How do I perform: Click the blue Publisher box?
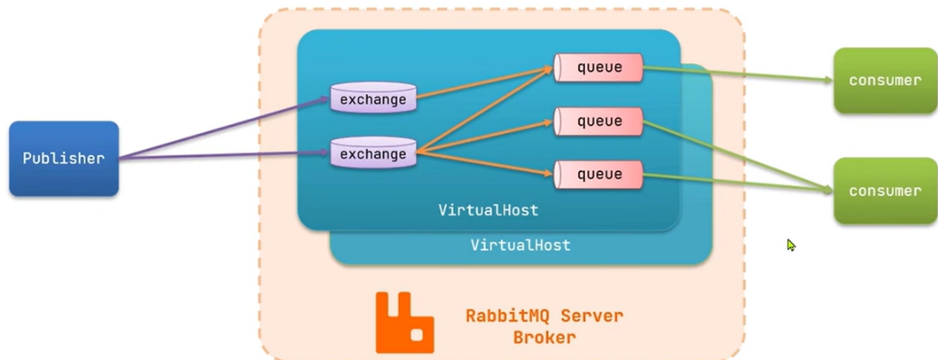coord(63,158)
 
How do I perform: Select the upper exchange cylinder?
coord(373,99)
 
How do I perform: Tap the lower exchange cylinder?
coord(373,154)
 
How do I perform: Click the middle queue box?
coord(599,121)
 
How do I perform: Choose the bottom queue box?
coord(599,174)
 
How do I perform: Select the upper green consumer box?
coord(884,80)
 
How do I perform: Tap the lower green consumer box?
coord(884,190)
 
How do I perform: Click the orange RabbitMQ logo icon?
coord(404,322)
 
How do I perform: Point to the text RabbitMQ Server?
coord(543,315)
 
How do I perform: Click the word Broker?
coord(543,337)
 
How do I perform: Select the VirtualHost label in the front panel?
coord(488,210)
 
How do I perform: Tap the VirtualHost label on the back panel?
coord(520,245)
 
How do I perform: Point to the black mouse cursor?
coord(791,245)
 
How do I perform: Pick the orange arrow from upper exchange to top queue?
coord(485,82)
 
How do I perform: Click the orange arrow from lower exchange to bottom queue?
coord(485,164)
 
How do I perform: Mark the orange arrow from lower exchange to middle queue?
coord(485,138)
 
